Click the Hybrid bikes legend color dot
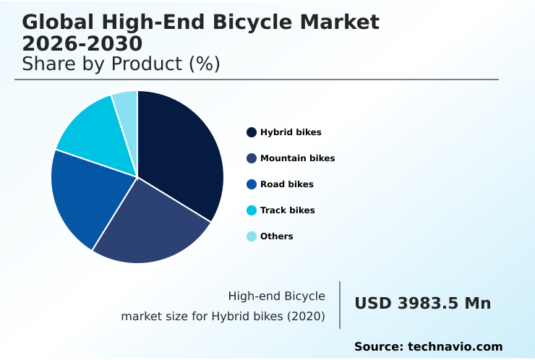click(x=252, y=132)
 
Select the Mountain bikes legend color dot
click(x=252, y=158)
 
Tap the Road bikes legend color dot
click(x=252, y=184)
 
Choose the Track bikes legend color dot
click(x=252, y=210)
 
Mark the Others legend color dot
click(x=252, y=236)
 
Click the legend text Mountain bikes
click(x=297, y=158)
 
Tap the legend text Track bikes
click(x=287, y=210)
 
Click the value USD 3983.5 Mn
click(x=422, y=304)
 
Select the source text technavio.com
click(x=455, y=347)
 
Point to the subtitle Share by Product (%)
click(x=121, y=64)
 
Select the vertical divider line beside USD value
click(x=340, y=305)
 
